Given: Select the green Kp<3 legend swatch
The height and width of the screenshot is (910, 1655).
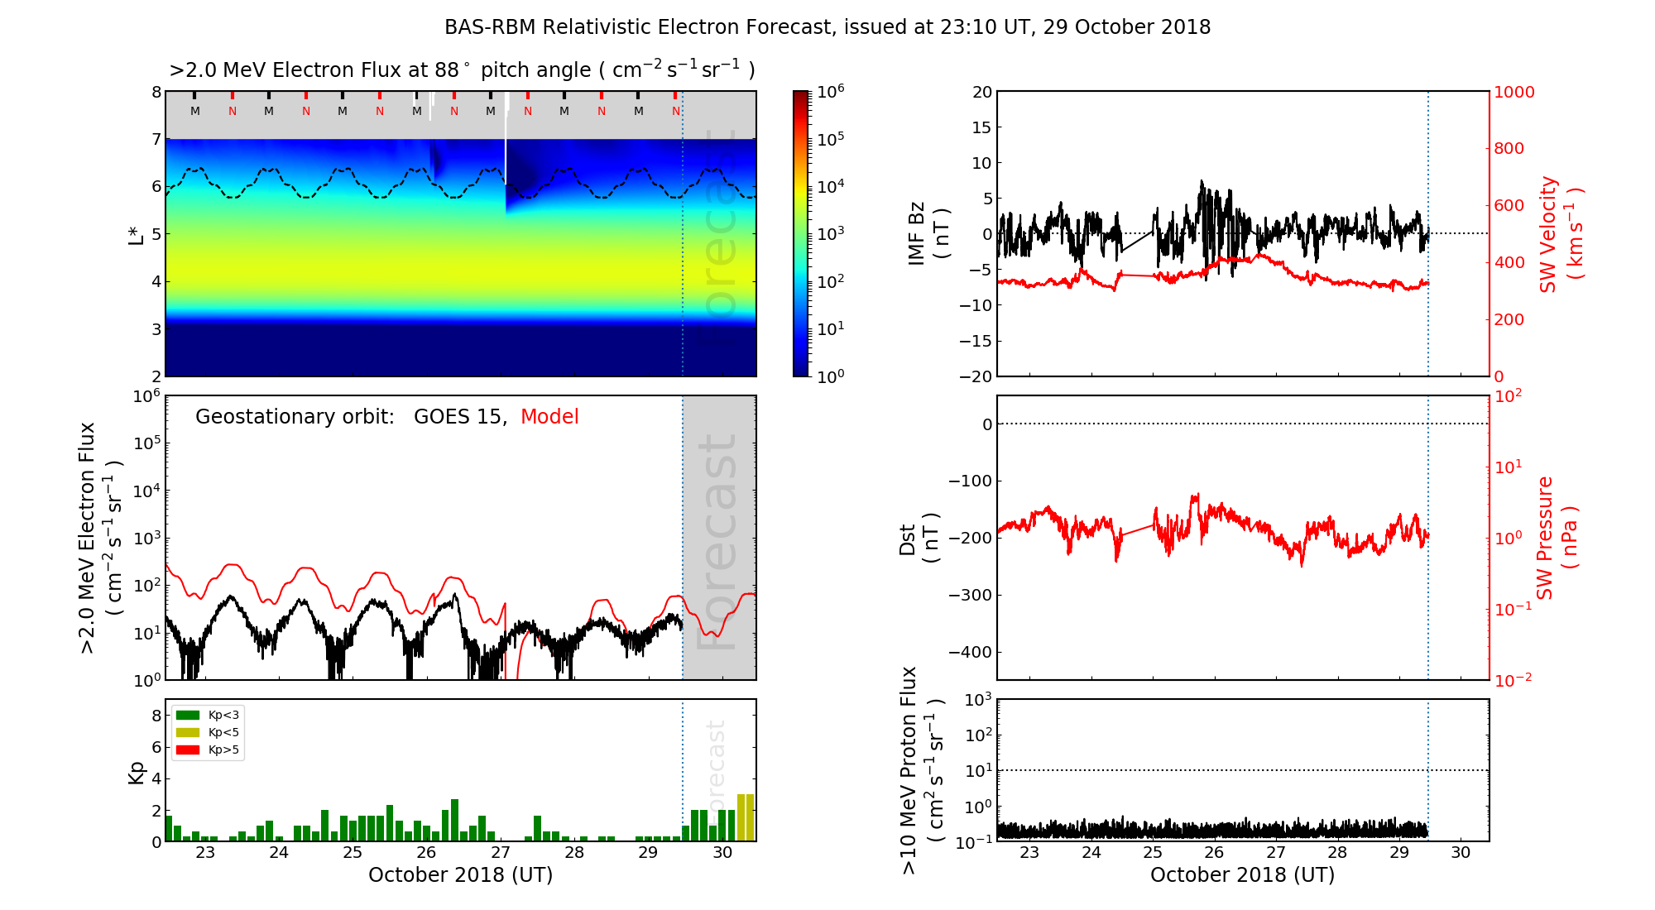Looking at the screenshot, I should point(188,715).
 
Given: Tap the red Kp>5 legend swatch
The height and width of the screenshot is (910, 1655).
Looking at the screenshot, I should point(188,750).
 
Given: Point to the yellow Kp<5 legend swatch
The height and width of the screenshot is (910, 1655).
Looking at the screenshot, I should point(188,732).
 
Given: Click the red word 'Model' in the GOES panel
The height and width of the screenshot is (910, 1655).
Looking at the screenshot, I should point(549,417).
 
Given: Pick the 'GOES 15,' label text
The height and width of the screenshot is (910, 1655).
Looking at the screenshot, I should point(460,417).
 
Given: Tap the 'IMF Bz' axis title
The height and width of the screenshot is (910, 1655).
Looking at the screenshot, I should point(927,234).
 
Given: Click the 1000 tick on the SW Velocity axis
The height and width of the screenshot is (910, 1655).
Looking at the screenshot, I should point(1513,92).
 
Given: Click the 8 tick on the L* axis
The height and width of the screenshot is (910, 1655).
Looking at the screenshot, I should point(156,92).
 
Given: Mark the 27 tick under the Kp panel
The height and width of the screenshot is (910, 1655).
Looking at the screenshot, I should point(500,853).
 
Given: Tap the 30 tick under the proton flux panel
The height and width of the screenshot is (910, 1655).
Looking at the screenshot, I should point(1461,853).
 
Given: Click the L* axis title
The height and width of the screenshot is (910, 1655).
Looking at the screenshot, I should point(137,234).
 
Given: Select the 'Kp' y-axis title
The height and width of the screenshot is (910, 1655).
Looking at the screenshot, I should point(137,772).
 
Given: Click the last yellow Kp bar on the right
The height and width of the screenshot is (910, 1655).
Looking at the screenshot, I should point(751,817).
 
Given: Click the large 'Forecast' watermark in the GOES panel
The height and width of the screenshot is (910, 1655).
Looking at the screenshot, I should point(717,542).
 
